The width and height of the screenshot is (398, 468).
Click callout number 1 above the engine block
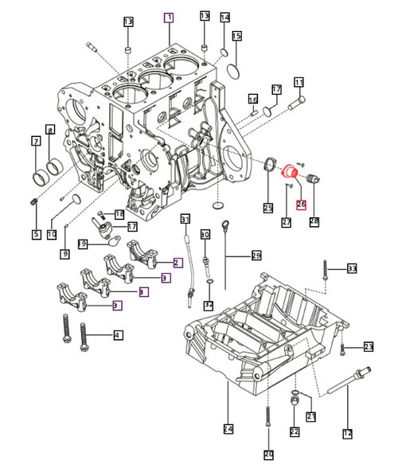point(168,17)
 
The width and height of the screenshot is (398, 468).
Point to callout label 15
point(236,37)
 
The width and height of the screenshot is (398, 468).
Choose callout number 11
point(299,82)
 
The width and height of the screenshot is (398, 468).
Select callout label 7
point(35,142)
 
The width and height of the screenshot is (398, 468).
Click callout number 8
point(50,130)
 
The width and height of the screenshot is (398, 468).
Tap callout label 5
point(36,234)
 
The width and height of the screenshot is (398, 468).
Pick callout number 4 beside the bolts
point(118,335)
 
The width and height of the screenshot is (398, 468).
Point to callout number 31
point(185,219)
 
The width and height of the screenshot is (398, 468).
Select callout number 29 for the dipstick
point(256,255)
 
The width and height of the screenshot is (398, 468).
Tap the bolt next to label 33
point(326,273)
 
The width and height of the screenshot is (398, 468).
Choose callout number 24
point(228,429)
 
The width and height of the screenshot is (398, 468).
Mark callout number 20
point(268,454)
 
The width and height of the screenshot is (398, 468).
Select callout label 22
point(294,432)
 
